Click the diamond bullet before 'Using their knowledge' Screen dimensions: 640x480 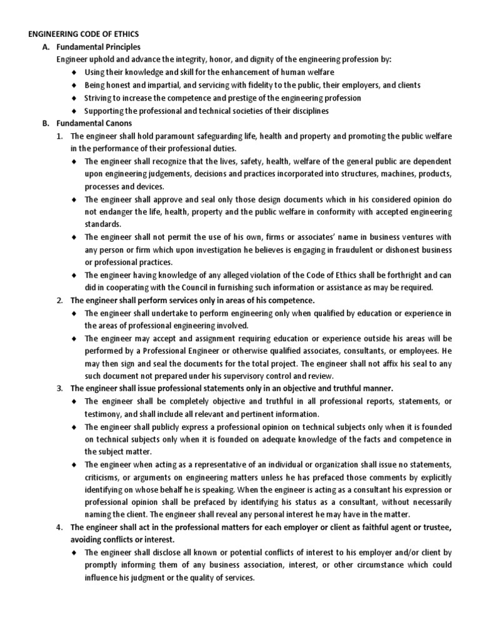[x=74, y=72]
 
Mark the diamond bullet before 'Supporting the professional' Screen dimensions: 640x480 [x=74, y=111]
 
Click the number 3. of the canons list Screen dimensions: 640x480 [x=60, y=389]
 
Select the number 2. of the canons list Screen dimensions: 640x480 [x=60, y=300]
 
